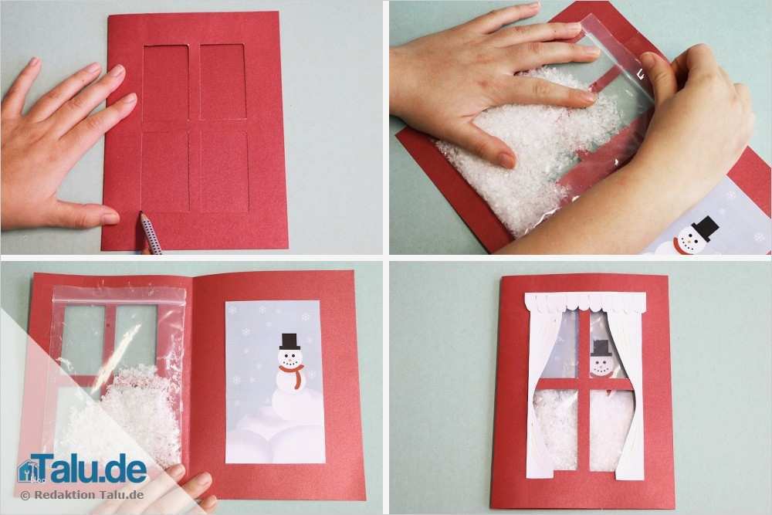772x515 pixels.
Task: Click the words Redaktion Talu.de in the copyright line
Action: click(x=89, y=495)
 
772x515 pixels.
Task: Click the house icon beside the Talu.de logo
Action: click(x=26, y=471)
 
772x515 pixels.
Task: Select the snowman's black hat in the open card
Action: click(x=289, y=342)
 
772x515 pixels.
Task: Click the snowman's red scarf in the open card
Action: click(x=294, y=374)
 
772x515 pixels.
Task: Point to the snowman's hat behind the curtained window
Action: click(x=601, y=347)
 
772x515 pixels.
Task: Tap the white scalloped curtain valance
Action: click(x=586, y=301)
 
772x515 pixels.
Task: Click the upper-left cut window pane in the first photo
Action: click(x=165, y=83)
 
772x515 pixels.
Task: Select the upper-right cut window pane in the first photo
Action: click(x=223, y=82)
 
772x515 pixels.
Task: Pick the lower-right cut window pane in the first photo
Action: click(x=224, y=171)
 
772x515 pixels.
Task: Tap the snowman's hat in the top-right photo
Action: click(x=705, y=228)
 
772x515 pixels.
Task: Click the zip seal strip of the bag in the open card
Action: click(x=119, y=296)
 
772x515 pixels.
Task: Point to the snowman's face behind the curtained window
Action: click(x=601, y=366)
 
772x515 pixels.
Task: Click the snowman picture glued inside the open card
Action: click(x=275, y=382)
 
